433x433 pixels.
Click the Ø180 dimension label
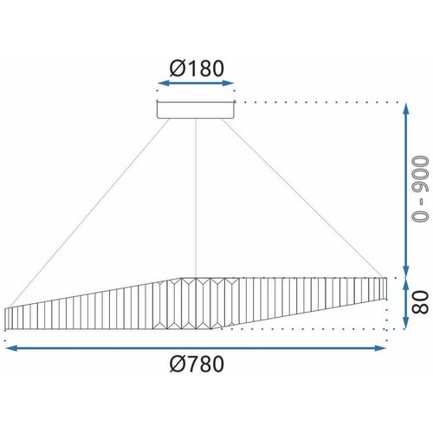197,68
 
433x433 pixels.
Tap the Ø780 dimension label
197,364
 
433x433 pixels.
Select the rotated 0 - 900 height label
420,190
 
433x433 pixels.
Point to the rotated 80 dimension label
420,302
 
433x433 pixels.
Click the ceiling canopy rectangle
196,109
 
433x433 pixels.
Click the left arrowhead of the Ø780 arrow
11,348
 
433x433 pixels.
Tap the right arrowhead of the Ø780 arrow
380,348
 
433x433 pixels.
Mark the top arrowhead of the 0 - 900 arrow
406,109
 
